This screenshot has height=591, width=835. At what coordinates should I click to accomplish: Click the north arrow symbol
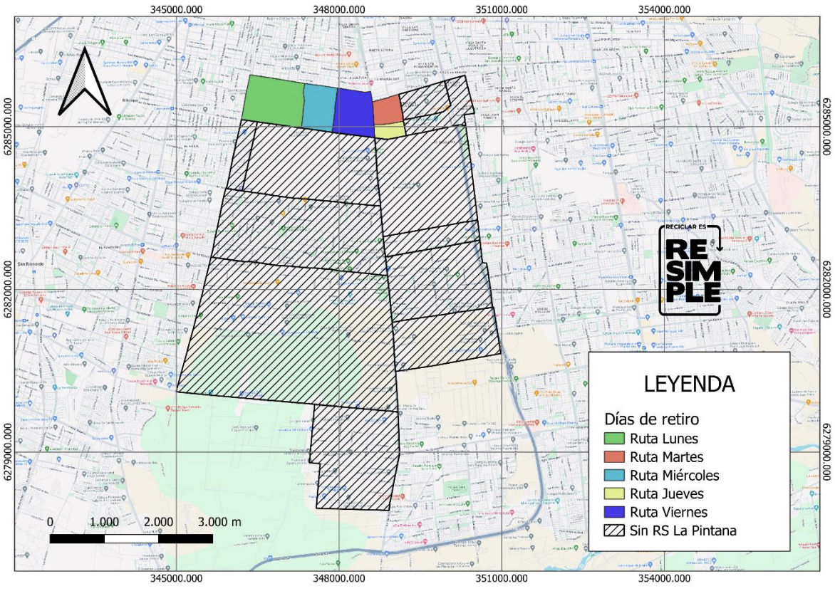[84, 81]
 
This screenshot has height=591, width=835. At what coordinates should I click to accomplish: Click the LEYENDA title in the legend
[688, 384]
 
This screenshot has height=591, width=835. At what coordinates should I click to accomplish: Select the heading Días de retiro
[650, 418]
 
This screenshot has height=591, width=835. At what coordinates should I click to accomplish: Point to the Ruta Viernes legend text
[669, 512]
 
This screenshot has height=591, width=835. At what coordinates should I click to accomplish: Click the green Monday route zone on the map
[274, 100]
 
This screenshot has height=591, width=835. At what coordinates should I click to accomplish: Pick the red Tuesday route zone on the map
[388, 110]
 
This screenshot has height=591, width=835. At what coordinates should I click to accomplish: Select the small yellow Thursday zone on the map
[390, 130]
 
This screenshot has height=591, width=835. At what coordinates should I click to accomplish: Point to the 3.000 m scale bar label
[221, 522]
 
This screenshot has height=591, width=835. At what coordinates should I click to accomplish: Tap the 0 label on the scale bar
[50, 522]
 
